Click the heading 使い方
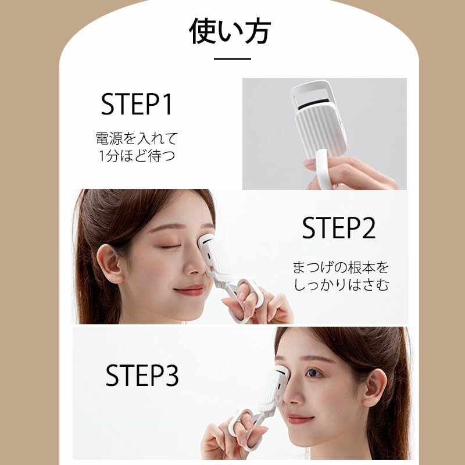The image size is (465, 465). pos(230,31)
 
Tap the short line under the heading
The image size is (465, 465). pos(233,59)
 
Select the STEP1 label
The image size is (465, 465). pos(137,104)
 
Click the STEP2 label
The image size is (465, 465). pos(339,227)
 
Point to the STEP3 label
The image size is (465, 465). pos(142,375)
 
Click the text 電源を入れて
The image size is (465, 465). pos(137,138)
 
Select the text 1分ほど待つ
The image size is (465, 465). pos(137,156)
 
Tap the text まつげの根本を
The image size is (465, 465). pos(341,267)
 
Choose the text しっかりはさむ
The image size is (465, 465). pos(341,285)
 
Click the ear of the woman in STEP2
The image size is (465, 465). pos(109,263)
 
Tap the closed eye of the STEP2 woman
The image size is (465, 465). pos(170,246)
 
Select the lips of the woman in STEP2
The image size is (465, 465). pos(189,290)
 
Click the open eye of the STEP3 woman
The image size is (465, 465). pos(313,373)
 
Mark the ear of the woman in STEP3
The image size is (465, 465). pos(374,388)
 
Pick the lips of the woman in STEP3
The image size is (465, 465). pos(300,419)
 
